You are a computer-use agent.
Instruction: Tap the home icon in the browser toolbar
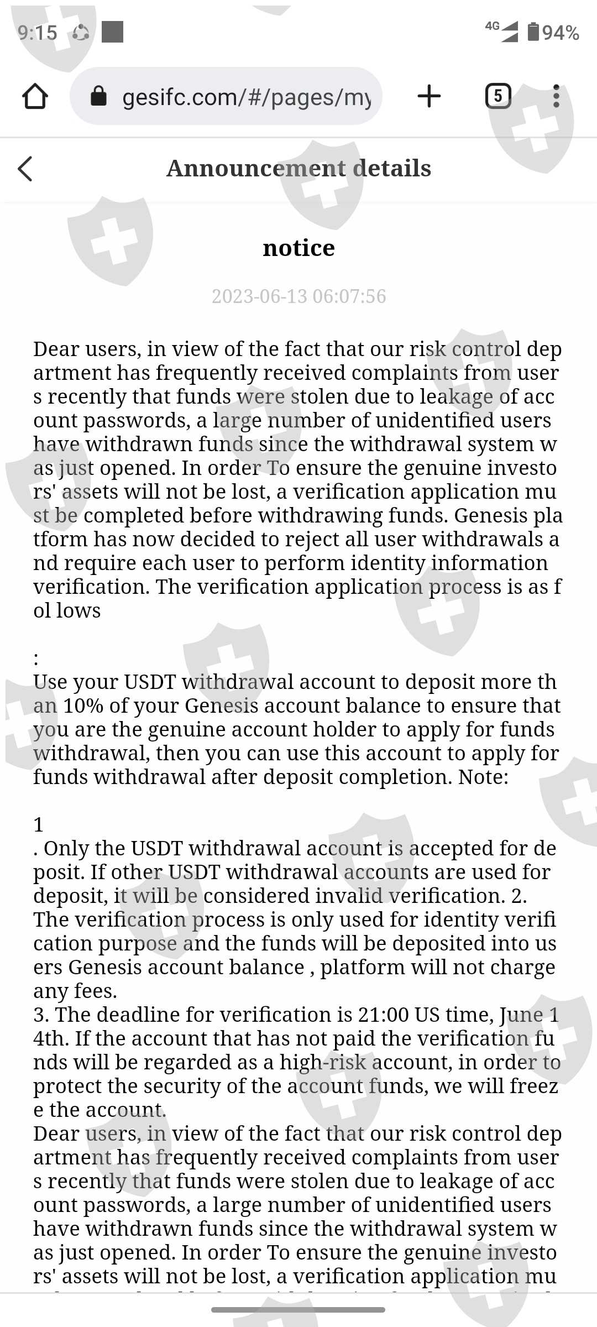point(35,96)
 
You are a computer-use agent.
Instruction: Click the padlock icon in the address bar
point(98,96)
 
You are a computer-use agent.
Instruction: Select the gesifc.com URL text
point(247,97)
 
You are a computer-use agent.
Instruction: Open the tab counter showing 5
point(498,96)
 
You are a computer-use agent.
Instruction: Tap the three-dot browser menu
point(556,96)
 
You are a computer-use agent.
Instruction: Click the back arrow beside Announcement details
point(25,168)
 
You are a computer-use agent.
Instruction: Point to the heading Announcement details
point(298,168)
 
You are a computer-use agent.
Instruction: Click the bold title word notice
point(298,248)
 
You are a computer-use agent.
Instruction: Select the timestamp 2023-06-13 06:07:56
point(298,296)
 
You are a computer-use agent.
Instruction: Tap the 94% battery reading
point(560,33)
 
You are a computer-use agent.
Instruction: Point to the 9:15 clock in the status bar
point(37,33)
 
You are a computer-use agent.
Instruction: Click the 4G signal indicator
point(502,31)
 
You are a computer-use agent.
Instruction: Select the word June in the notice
point(521,1015)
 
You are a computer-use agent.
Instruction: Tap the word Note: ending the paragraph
point(483,777)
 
